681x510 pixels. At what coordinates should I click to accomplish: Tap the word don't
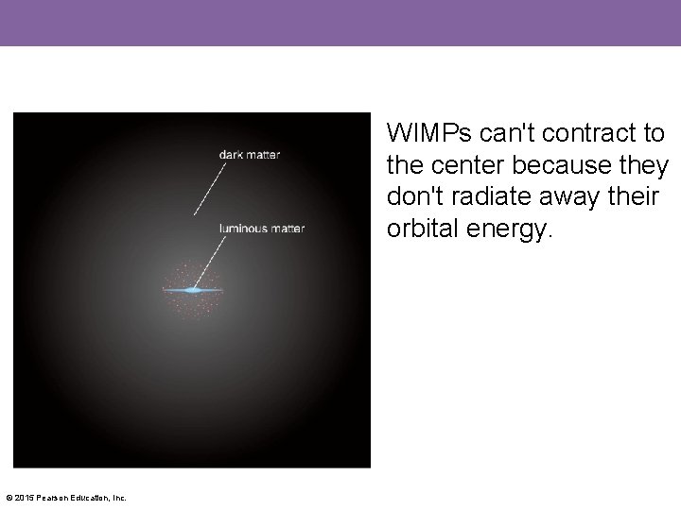coord(412,198)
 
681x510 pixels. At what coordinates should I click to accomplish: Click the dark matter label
coord(250,154)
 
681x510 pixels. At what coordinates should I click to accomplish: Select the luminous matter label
coord(262,228)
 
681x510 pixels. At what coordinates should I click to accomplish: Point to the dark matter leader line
coord(210,189)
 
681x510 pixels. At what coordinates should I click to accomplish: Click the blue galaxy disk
coord(194,290)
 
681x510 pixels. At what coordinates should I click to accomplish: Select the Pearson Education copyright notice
coord(66,498)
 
